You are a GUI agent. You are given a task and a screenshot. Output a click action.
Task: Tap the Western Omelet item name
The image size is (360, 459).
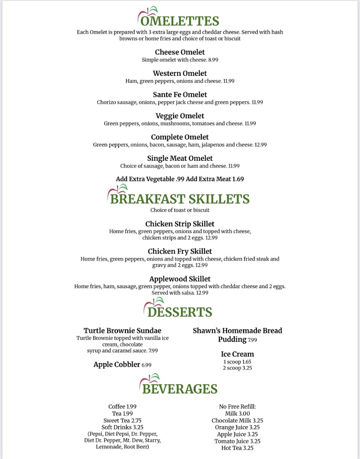click(180, 73)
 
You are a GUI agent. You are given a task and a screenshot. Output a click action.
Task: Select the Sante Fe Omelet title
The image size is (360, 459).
click(180, 94)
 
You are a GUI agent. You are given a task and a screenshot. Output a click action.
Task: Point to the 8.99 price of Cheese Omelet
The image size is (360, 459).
click(213, 60)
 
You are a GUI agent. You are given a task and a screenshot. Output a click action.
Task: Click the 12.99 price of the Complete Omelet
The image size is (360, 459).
click(261, 145)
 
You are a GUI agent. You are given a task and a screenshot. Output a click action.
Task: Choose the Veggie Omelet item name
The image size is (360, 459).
click(180, 116)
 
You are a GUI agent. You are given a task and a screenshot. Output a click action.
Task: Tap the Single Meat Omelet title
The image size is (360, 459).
click(180, 158)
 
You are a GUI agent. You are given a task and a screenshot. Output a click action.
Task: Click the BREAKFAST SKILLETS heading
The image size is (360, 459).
click(180, 199)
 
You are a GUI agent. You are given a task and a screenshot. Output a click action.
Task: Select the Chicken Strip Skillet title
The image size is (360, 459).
click(180, 224)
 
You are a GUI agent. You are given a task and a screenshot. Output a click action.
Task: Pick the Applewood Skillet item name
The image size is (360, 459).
click(180, 279)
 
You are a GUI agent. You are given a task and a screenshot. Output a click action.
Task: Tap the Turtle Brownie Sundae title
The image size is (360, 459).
click(122, 331)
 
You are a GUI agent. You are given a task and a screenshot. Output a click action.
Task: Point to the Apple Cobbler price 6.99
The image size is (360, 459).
click(146, 365)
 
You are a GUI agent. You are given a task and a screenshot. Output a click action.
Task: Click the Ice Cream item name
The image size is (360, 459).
click(237, 354)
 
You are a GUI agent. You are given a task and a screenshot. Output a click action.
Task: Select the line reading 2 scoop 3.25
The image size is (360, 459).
click(237, 368)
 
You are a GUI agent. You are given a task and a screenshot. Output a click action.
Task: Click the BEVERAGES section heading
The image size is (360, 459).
click(180, 389)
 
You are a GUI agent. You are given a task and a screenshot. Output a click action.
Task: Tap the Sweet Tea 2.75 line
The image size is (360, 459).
click(122, 420)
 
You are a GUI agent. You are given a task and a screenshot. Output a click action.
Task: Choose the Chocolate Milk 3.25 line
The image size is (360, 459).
click(237, 420)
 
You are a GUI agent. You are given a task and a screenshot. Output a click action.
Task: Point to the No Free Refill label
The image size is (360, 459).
click(237, 407)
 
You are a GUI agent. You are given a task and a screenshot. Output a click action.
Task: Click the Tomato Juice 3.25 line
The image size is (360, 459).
click(237, 441)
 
